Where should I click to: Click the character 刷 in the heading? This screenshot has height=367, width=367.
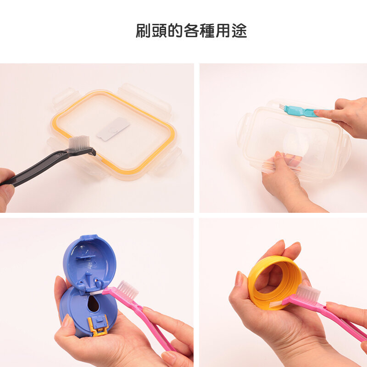coord(143,31)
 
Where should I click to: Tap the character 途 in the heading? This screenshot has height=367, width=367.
coord(239,31)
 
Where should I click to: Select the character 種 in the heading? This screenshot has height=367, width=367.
coord(207,31)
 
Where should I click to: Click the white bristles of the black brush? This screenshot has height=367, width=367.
coord(79,143)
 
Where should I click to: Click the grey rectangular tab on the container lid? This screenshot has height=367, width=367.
coord(113,129)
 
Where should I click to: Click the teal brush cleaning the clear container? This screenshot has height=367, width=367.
coord(304,111)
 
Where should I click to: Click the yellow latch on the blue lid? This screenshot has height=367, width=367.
coord(98,325)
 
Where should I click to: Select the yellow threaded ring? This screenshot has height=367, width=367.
coord(274,283)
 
